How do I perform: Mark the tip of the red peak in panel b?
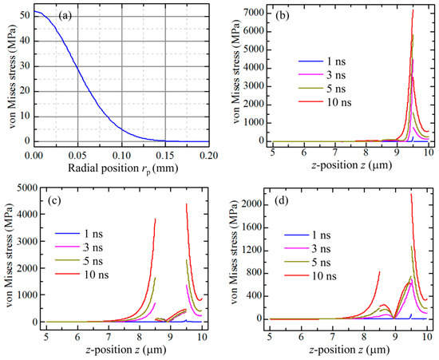click(413, 10)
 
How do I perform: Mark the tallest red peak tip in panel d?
click(411, 193)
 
